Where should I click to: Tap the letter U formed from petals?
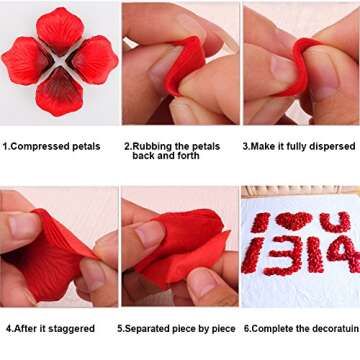[334, 221]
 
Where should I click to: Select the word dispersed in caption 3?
[333, 146]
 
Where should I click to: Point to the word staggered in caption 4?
[71, 328]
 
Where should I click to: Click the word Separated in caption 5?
[150, 328]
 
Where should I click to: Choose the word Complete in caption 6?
[275, 328]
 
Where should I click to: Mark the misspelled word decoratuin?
[329, 328]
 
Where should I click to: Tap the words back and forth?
[164, 156]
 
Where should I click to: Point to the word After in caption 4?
[27, 328]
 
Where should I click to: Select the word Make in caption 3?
[262, 146]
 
